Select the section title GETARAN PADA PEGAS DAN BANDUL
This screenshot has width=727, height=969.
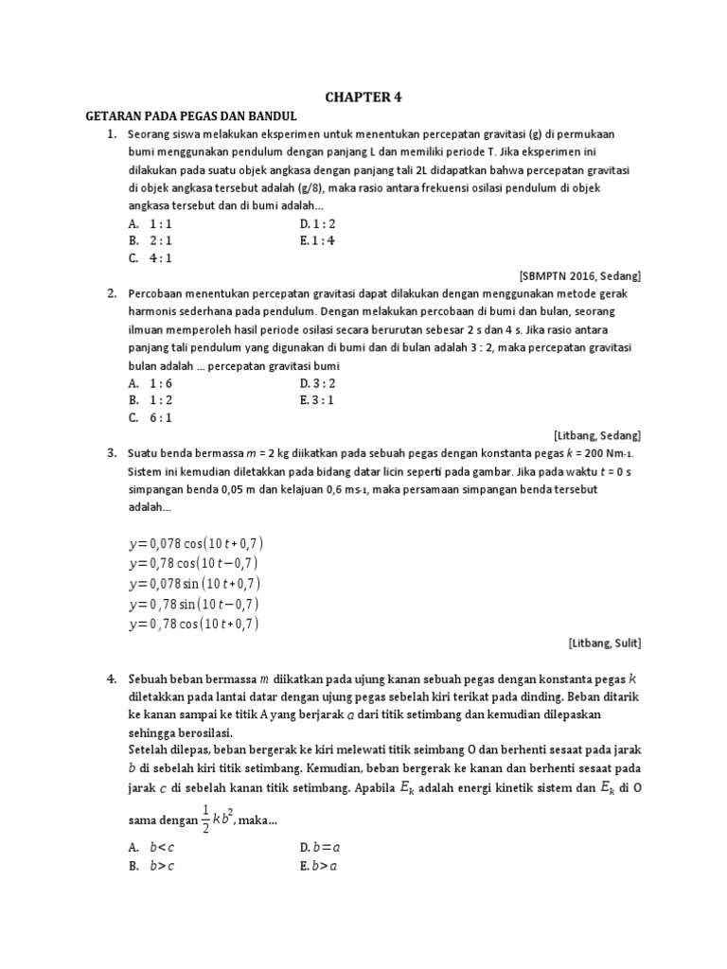coord(191,115)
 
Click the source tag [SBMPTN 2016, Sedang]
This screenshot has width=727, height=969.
coord(580,275)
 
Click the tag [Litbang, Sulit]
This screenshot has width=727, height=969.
coord(605,643)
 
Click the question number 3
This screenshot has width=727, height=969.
coord(111,452)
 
